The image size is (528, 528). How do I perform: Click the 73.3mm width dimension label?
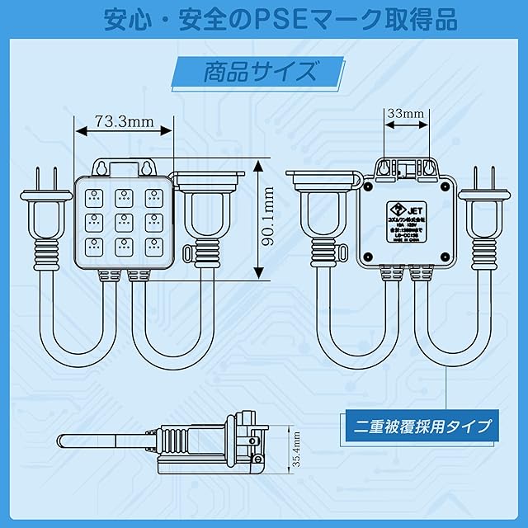[124, 121]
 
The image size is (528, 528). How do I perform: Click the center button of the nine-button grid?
[125, 220]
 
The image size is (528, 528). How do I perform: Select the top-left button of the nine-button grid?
[96, 197]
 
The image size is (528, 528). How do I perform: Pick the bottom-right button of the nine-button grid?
[153, 245]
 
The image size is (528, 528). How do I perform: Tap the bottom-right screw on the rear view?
[447, 257]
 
